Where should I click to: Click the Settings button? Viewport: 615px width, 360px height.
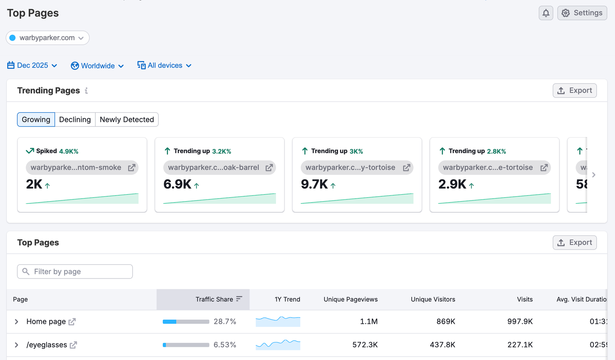(x=582, y=13)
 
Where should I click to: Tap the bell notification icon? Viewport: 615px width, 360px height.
(x=546, y=13)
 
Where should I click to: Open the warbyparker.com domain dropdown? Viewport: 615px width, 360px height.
(x=48, y=38)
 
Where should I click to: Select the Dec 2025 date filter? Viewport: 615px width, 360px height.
(x=32, y=65)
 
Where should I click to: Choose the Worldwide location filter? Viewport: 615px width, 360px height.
(x=97, y=66)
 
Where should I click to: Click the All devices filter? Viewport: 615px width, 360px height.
(x=165, y=65)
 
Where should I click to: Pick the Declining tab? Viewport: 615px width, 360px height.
(x=75, y=120)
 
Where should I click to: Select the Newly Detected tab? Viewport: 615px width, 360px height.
(x=126, y=120)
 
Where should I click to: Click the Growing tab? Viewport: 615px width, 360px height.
(x=36, y=120)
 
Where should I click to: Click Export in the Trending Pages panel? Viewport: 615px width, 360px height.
(x=574, y=90)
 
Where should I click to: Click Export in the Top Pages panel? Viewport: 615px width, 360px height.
(x=574, y=242)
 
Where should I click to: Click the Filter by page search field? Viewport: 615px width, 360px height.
(x=75, y=272)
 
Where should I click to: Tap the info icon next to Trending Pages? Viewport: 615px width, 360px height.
(x=86, y=91)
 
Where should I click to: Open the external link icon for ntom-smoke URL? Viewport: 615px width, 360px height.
(x=131, y=168)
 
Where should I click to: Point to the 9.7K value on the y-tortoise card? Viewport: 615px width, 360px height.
(x=314, y=184)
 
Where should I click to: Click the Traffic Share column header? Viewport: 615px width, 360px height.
(x=214, y=299)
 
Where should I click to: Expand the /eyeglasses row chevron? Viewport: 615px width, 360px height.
(x=17, y=345)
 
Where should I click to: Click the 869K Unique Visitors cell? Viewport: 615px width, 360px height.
(x=445, y=322)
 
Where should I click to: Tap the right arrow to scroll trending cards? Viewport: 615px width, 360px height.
(x=593, y=175)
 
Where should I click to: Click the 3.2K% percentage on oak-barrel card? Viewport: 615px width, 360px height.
(x=221, y=152)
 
